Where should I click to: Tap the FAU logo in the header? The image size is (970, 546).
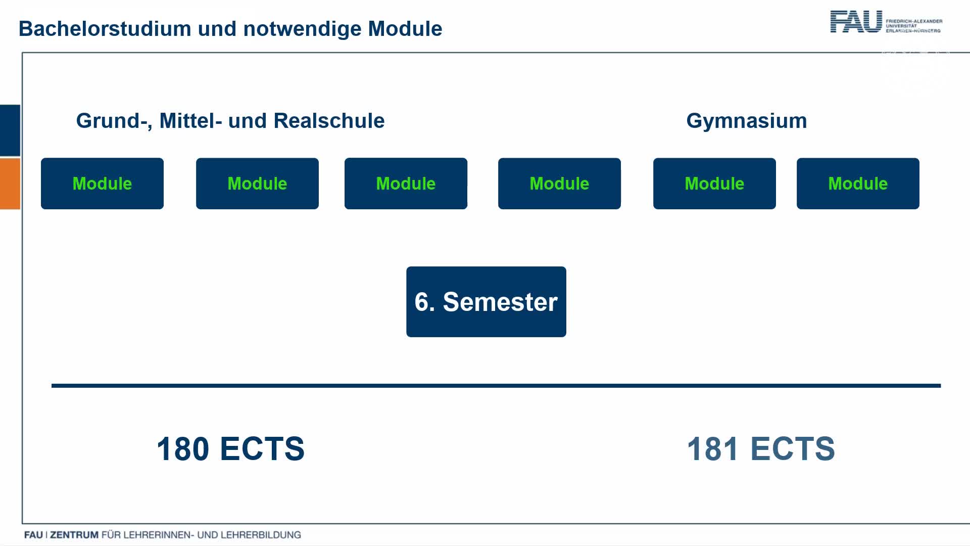[886, 22]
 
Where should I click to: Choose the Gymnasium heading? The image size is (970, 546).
[746, 121]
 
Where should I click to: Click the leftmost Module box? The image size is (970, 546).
[102, 184]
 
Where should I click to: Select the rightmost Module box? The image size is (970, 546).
[858, 184]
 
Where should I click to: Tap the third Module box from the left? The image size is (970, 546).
[406, 184]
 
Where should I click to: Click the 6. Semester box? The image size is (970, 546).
[486, 302]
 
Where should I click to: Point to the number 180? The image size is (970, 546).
[182, 449]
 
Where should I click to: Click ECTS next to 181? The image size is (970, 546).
[793, 449]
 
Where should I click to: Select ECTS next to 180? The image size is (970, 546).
[262, 449]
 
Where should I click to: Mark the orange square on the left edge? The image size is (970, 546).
[10, 184]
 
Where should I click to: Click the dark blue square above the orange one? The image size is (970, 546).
[10, 130]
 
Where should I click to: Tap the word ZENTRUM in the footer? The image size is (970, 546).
[74, 535]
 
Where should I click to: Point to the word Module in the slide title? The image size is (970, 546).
[405, 29]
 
